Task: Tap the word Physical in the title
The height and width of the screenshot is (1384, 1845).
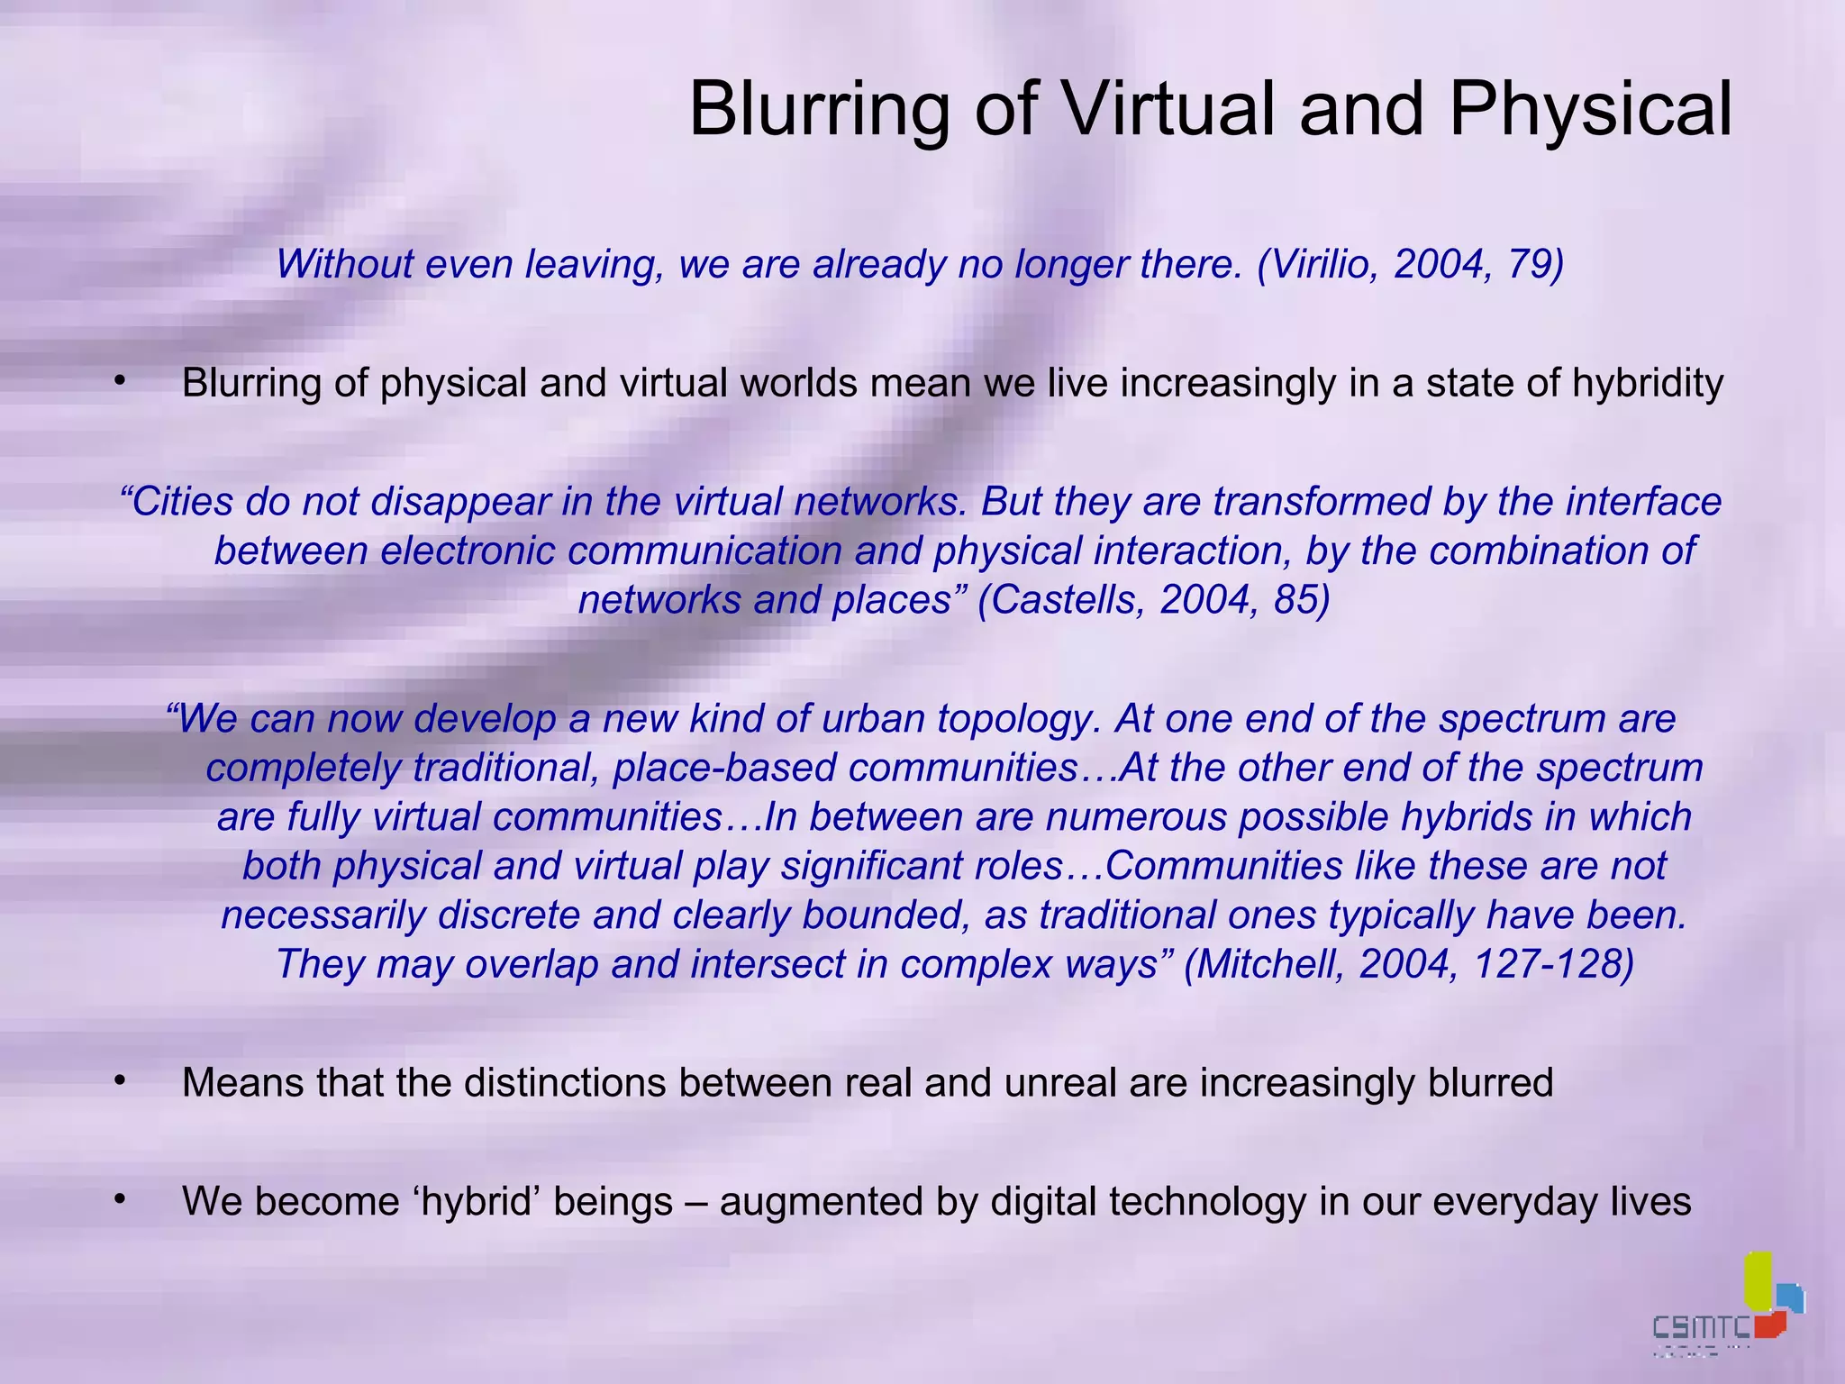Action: pos(1590,109)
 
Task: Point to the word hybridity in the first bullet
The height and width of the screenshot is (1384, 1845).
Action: pos(1648,383)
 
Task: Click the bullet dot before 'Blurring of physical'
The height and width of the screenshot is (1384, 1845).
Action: pos(118,381)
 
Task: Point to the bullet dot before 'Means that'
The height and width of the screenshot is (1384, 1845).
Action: pos(118,1080)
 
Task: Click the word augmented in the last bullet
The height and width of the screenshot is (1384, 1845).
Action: pos(821,1201)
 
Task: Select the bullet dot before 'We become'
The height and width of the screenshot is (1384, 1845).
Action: pos(118,1199)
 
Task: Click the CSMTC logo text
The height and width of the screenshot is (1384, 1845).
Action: pos(1701,1327)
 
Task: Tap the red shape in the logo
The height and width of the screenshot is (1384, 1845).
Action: pos(1769,1323)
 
